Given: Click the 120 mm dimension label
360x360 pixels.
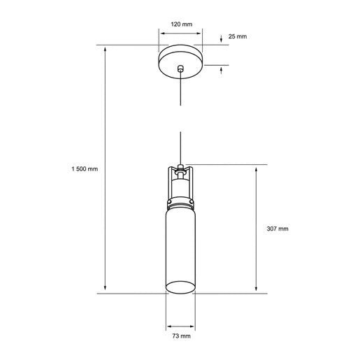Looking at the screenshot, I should (180, 24).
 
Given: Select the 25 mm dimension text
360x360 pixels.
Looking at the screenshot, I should (238, 36).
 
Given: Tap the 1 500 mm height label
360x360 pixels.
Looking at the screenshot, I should (84, 169).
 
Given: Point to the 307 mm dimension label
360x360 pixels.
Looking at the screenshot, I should (278, 229).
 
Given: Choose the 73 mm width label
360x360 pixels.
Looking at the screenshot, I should (180, 336).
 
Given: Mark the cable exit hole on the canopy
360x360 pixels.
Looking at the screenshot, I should (180, 69).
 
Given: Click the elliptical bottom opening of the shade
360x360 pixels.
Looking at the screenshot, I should (180, 288).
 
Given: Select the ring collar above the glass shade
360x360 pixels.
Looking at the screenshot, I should (180, 203).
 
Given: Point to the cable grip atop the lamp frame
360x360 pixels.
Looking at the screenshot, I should (180, 168).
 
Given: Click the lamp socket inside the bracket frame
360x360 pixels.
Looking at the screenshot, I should (180, 187).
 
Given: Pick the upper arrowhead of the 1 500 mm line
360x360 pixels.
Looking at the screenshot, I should (106, 50).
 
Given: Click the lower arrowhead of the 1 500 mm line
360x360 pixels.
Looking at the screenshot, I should (106, 289).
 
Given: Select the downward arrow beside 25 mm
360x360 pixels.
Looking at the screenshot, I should (222, 39).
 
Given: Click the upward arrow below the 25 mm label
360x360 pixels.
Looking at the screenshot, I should (222, 69).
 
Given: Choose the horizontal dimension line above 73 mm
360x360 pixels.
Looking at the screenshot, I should (180, 326).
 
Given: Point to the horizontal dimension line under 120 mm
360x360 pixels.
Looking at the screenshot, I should (180, 33).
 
